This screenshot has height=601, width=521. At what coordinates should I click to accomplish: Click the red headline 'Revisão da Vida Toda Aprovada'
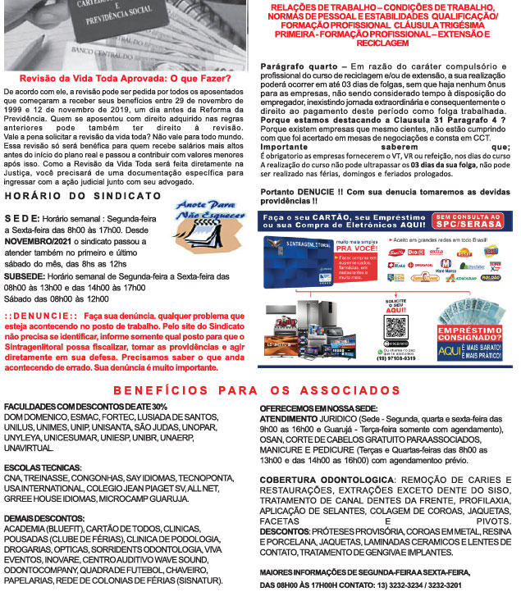tap(125, 79)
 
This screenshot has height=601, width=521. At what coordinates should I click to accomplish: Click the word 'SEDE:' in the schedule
tap(19, 221)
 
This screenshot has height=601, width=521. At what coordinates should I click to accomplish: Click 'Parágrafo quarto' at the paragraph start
tap(299, 64)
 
